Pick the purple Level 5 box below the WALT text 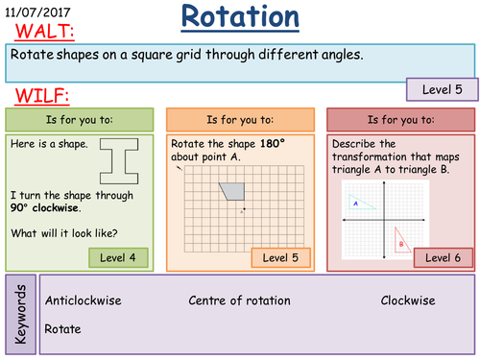click(x=442, y=89)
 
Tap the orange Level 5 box click(x=282, y=257)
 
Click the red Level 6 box click(x=444, y=257)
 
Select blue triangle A click(x=356, y=204)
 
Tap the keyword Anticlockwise click(x=84, y=300)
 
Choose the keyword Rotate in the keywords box click(x=62, y=328)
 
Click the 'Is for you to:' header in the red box click(x=397, y=119)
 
